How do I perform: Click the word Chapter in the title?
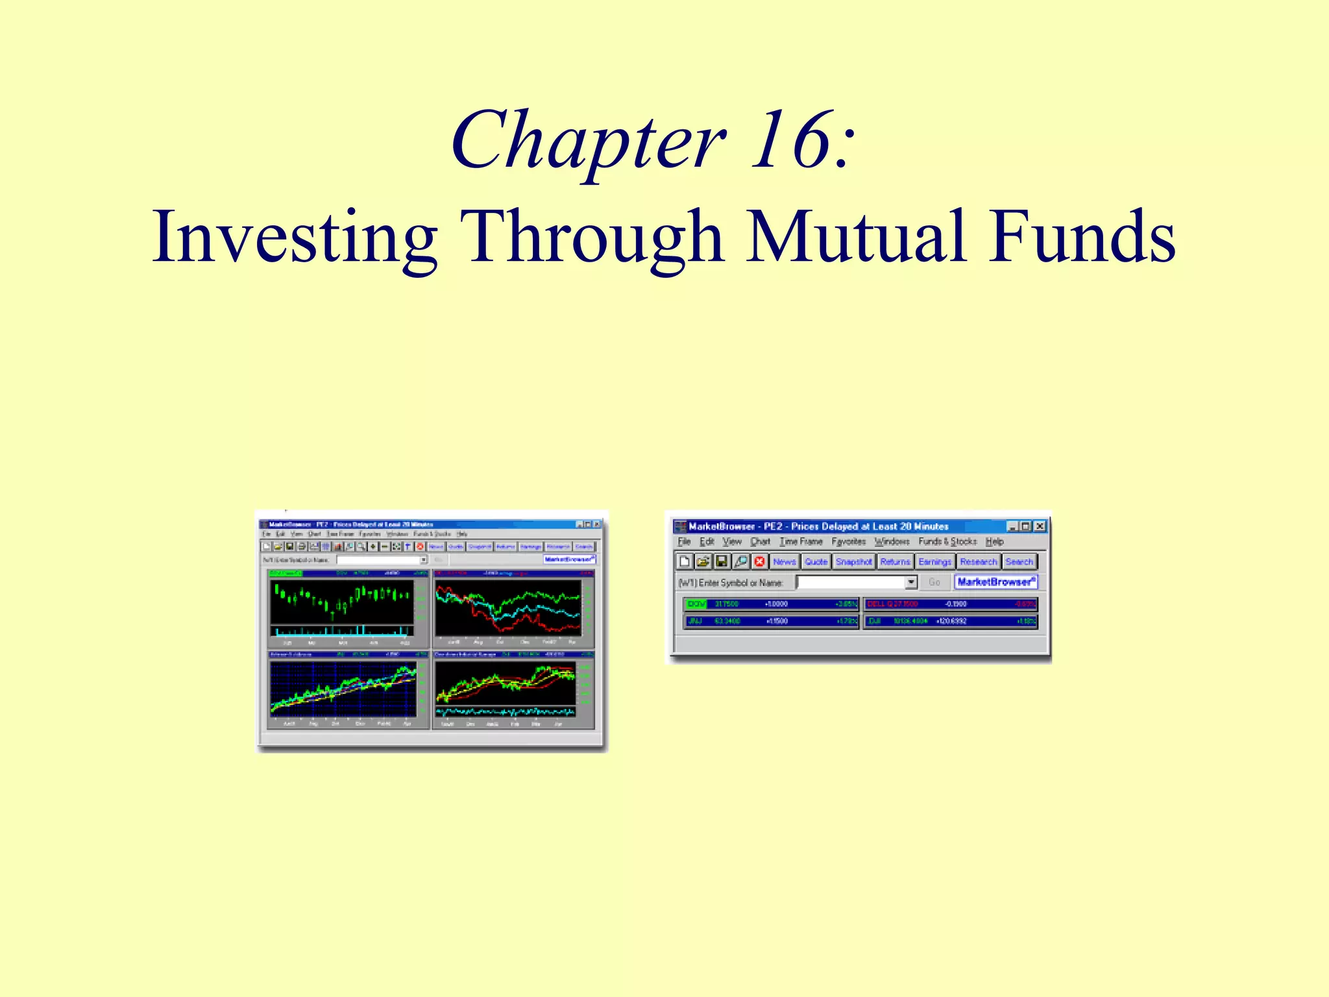point(588,141)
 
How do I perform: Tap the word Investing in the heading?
point(295,237)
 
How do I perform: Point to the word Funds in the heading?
point(1081,237)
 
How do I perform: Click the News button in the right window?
point(784,561)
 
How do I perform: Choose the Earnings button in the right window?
point(934,561)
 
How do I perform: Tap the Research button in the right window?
point(978,561)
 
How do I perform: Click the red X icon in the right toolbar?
point(759,561)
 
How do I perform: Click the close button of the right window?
point(1040,526)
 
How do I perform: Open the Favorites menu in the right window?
point(848,541)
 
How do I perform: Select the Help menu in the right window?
point(994,541)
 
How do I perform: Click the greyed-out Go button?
point(934,582)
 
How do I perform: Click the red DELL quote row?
point(950,604)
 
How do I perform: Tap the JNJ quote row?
point(771,621)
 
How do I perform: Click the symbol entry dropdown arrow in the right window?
point(911,582)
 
